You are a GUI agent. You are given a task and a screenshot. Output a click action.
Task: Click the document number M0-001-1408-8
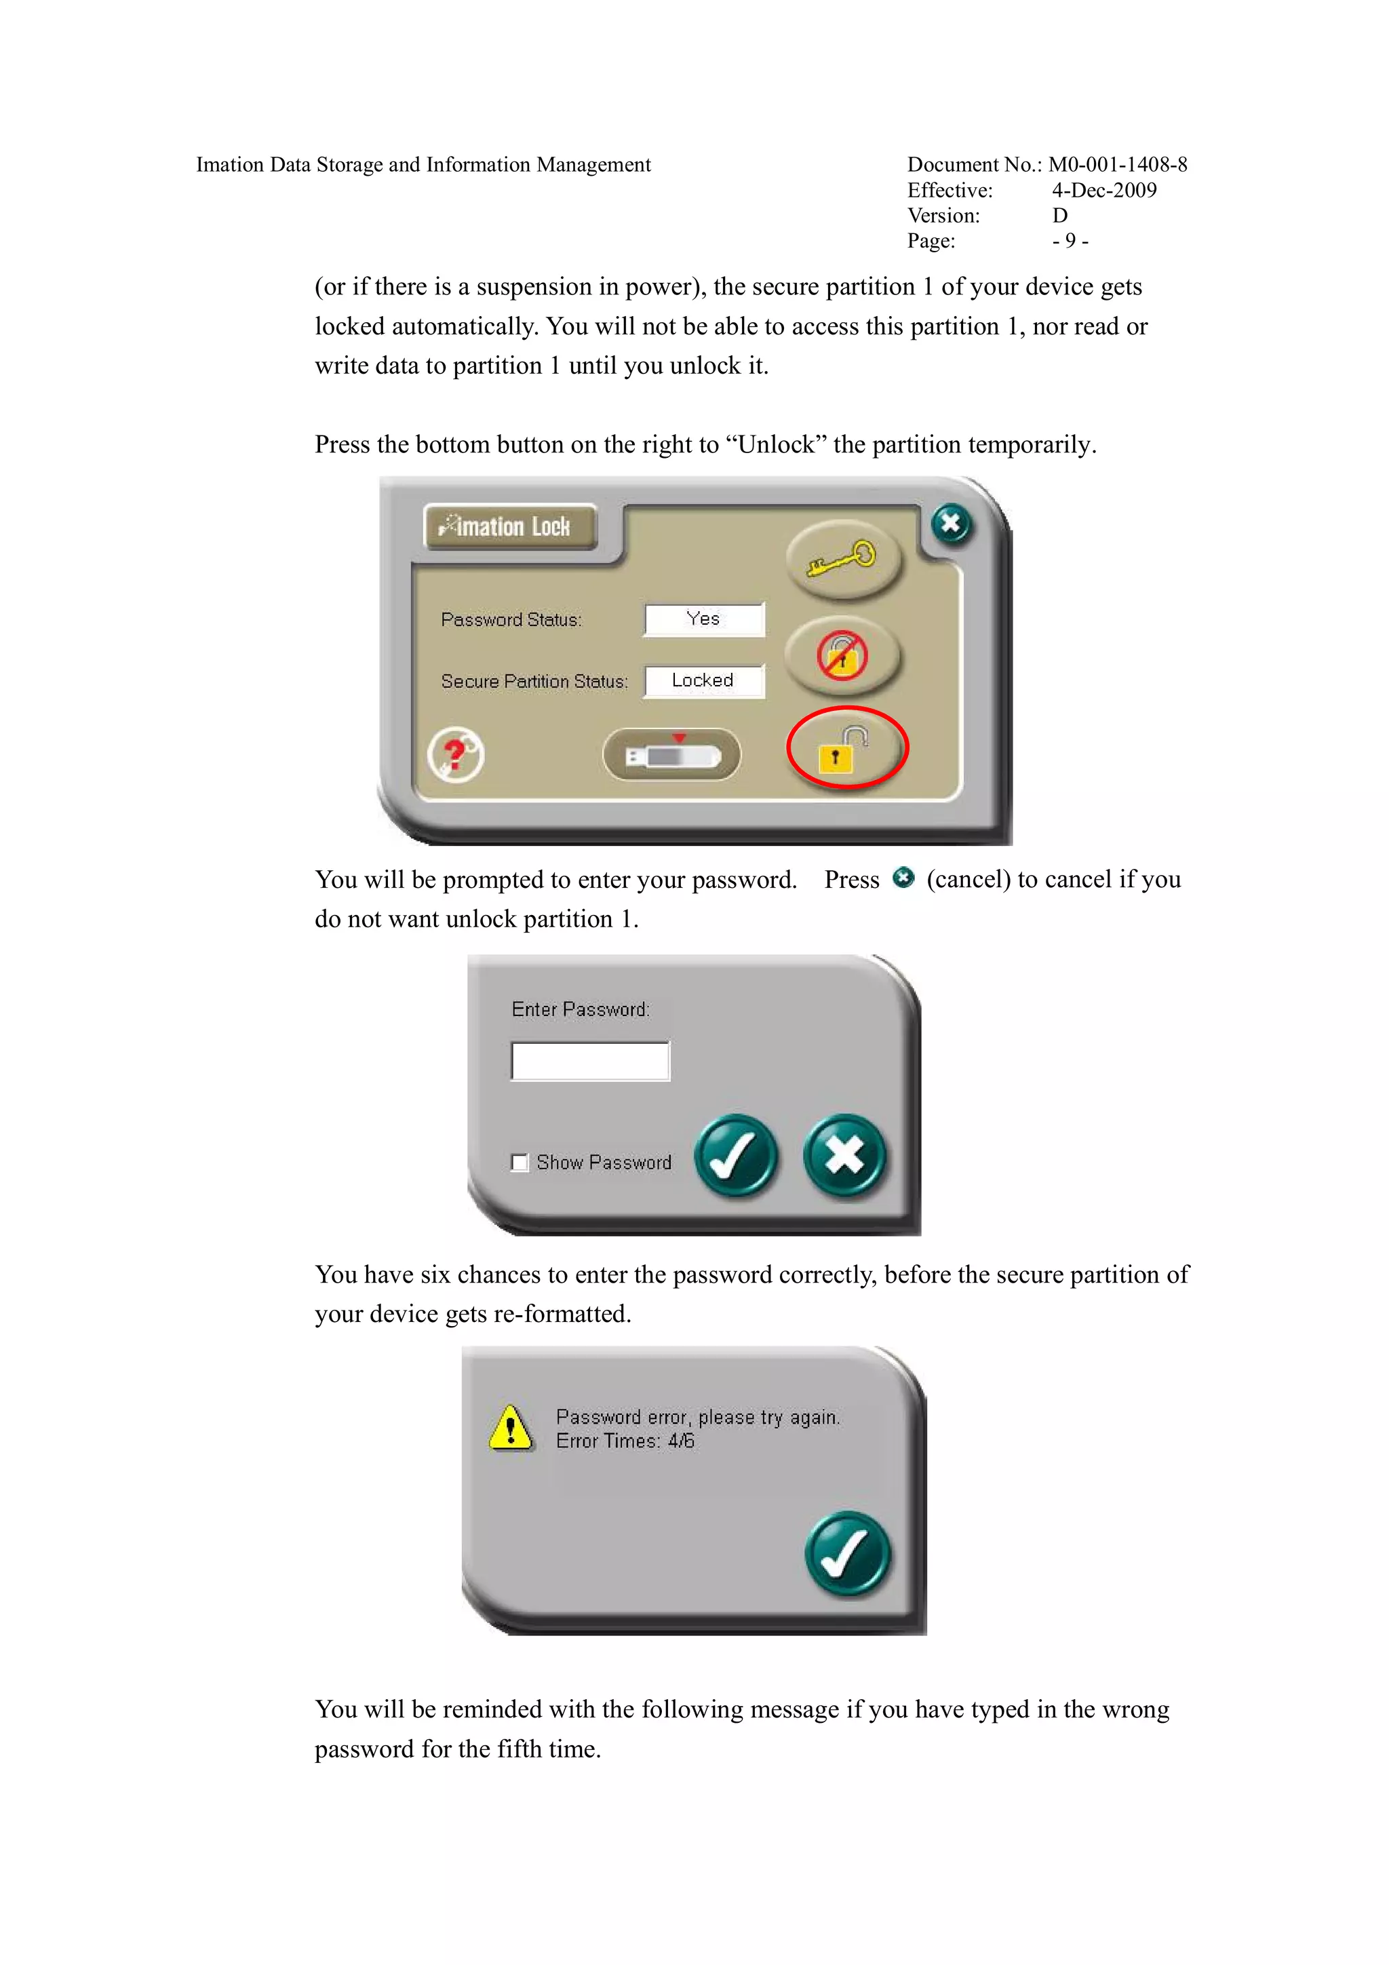(x=1117, y=164)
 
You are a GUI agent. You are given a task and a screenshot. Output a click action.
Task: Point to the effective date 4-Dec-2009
(x=1104, y=190)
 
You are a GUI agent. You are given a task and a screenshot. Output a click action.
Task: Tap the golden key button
(x=842, y=559)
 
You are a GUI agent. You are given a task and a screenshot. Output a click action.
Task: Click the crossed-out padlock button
(x=842, y=657)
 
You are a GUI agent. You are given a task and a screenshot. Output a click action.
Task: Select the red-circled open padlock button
(x=846, y=748)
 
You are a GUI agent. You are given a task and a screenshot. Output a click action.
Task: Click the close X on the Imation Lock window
(x=951, y=524)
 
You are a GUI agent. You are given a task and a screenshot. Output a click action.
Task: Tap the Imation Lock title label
(x=510, y=526)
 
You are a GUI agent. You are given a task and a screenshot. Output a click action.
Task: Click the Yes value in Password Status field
(x=703, y=619)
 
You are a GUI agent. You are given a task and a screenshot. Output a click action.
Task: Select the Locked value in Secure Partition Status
(x=703, y=680)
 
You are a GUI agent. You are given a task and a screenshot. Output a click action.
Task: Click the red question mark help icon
(x=455, y=755)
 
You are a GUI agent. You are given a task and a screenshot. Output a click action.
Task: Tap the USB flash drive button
(x=672, y=755)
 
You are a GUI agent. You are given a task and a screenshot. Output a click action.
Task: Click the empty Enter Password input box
(x=589, y=1062)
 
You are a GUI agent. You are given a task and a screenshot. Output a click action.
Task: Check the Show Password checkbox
(x=520, y=1162)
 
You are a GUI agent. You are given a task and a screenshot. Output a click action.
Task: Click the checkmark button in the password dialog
(x=735, y=1155)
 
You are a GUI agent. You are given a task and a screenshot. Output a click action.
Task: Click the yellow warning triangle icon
(x=511, y=1428)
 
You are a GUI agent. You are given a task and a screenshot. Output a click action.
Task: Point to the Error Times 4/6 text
(x=625, y=1441)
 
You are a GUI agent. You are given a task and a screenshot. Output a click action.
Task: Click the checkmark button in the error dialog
(x=847, y=1553)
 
